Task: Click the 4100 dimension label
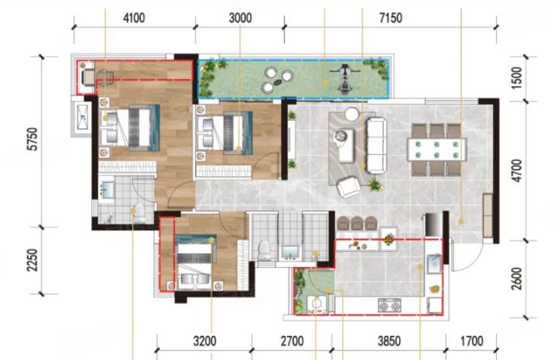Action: coord(134,18)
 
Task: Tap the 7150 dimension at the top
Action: coord(390,18)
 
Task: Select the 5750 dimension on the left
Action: coord(33,139)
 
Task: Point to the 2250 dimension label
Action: coord(33,260)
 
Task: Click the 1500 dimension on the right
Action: coord(516,78)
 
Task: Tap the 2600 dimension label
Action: coord(516,279)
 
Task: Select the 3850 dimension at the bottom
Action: coord(389,341)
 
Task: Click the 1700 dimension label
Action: coord(472,341)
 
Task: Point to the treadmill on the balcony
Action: coord(344,78)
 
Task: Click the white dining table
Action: coord(436,149)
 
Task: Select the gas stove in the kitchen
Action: coord(389,305)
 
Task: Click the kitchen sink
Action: coord(434,264)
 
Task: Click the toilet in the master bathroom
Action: coord(139,212)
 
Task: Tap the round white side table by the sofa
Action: coord(352,115)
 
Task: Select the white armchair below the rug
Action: coord(348,187)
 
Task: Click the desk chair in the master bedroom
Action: coord(104,77)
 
